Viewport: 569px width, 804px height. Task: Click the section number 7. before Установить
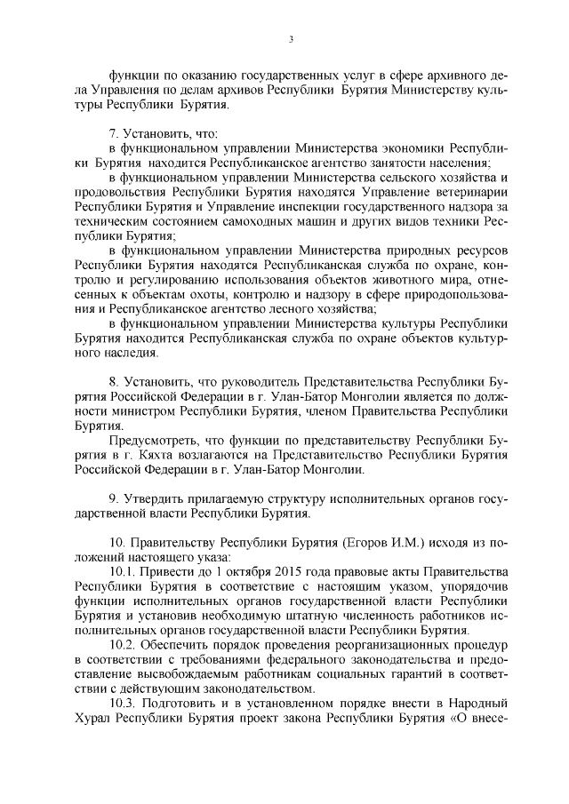[113, 131]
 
